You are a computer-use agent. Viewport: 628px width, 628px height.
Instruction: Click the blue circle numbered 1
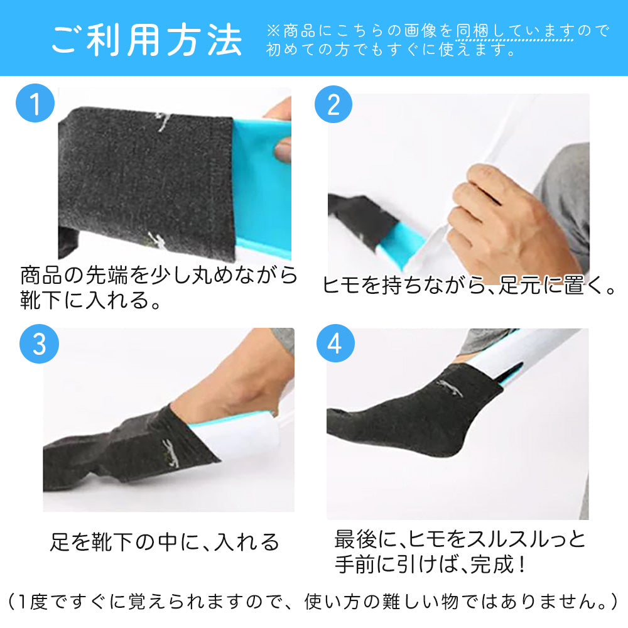coord(35,103)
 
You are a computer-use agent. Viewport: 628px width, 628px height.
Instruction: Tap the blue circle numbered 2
coord(333,104)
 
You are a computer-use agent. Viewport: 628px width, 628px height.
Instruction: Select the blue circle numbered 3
coord(39,344)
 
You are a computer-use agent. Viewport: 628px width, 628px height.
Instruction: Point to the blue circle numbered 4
coord(335,344)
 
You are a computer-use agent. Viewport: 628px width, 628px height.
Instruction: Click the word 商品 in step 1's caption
coord(41,275)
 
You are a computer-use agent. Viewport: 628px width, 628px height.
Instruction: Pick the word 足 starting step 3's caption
coord(60,542)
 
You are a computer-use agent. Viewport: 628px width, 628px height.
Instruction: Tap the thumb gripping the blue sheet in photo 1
coord(283,150)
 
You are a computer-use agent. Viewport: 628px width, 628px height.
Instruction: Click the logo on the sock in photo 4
coord(450,387)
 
